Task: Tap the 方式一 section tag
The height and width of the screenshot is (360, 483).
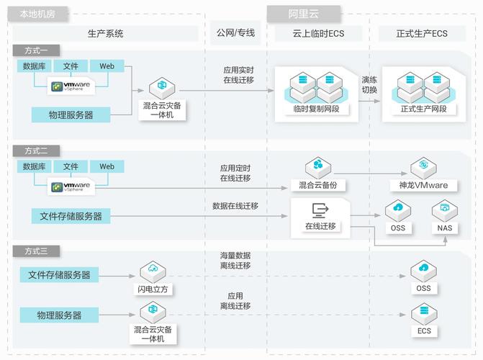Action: (x=36, y=50)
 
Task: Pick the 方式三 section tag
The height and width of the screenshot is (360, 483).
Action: (x=36, y=251)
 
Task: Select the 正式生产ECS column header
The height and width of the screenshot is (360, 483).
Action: (x=422, y=33)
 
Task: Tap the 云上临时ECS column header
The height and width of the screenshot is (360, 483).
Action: (x=317, y=33)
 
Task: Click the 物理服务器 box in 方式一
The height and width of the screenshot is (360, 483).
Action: (x=71, y=114)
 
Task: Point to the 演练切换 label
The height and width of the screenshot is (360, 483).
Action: (x=369, y=85)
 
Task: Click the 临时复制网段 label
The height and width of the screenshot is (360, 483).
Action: (x=317, y=109)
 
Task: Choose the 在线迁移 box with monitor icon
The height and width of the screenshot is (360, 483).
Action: (x=320, y=216)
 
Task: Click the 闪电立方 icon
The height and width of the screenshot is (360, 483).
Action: (x=153, y=272)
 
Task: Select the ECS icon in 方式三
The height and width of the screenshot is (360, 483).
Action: (x=423, y=315)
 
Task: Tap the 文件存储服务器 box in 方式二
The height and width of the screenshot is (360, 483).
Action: (x=71, y=215)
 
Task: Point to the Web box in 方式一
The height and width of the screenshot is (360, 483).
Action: (x=107, y=66)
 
